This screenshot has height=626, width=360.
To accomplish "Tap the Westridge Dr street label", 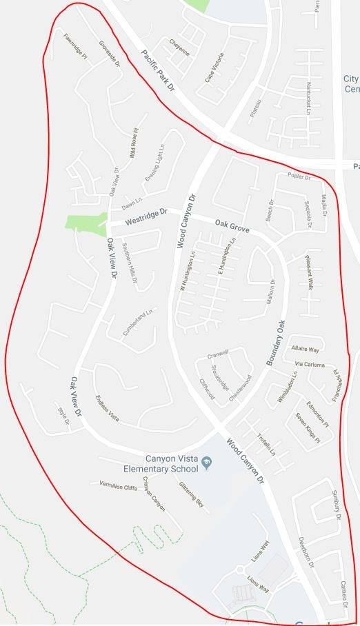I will (146, 216).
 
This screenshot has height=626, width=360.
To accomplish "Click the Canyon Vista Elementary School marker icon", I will (205, 468).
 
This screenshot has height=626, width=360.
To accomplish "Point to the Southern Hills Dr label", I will (129, 262).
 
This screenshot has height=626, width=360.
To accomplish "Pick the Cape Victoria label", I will (214, 68).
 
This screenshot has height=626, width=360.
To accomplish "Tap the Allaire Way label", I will (306, 350).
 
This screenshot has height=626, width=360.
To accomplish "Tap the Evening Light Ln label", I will (155, 164).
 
